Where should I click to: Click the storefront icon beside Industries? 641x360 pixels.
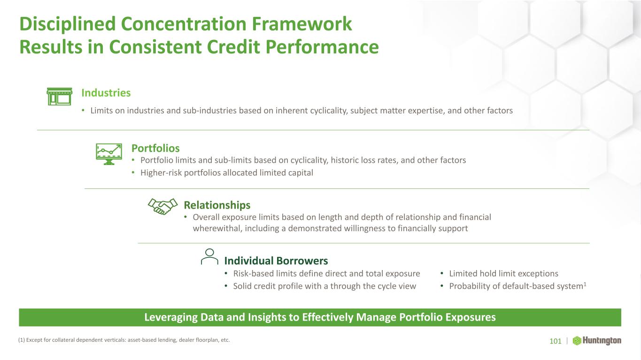[x=60, y=97]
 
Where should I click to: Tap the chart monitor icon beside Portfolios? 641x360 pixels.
[x=109, y=154]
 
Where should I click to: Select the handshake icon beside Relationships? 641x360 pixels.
[x=162, y=206]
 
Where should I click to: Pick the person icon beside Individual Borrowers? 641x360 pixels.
[x=209, y=256]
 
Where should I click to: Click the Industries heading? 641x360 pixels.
[x=106, y=93]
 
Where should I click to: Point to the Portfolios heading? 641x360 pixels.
[x=155, y=148]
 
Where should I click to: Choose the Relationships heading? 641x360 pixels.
[x=217, y=205]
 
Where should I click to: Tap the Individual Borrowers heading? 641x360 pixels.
[x=276, y=261]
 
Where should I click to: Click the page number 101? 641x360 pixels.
[x=556, y=341]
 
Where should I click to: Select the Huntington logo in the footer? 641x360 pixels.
[x=597, y=341]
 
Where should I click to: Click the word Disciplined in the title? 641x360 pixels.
[x=68, y=24]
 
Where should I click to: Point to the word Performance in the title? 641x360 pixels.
[x=322, y=47]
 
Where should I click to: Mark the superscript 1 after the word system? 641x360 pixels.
[x=585, y=284]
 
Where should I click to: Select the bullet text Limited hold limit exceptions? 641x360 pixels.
[x=503, y=273]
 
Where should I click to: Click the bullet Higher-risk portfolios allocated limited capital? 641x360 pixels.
[x=227, y=173]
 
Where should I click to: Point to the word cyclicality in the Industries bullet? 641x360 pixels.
[x=329, y=111]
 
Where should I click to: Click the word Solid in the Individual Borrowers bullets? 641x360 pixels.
[x=242, y=286]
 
